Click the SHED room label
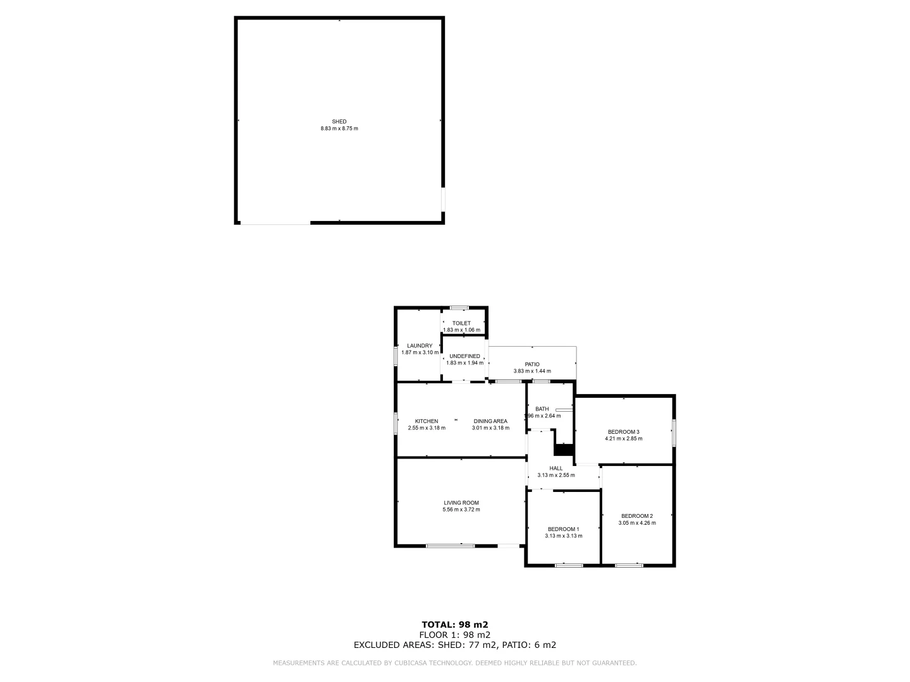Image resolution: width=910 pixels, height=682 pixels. pos(339,121)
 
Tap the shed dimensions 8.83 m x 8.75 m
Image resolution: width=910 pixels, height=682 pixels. pos(339,129)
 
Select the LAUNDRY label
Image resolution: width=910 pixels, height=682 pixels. pos(420,345)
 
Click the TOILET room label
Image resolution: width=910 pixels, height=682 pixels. pos(461,323)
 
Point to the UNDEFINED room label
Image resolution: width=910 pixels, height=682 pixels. pos(464,356)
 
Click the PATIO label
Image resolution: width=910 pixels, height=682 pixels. pos(532,364)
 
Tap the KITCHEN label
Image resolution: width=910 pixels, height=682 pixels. pos(427,421)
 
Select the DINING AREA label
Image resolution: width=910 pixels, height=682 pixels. pos(490,421)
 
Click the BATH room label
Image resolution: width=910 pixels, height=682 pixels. pos(542,409)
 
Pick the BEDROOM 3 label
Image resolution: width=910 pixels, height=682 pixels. pos(624,432)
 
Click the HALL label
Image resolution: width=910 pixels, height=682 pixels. pos(556,468)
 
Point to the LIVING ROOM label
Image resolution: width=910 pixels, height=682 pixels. pos(461,503)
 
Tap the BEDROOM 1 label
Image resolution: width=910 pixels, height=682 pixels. pos(563,529)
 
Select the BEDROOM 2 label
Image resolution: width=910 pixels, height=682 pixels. pos(637,515)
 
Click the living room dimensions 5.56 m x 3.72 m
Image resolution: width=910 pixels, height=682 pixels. pos(461,510)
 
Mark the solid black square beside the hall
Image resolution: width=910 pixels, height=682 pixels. pos(562,450)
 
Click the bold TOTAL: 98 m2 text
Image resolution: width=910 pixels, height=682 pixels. pos(455,625)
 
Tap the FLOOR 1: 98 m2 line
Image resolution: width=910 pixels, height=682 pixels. pos(455,635)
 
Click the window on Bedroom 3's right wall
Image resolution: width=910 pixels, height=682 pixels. pos(674,433)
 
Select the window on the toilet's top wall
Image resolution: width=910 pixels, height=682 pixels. pos(459,308)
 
